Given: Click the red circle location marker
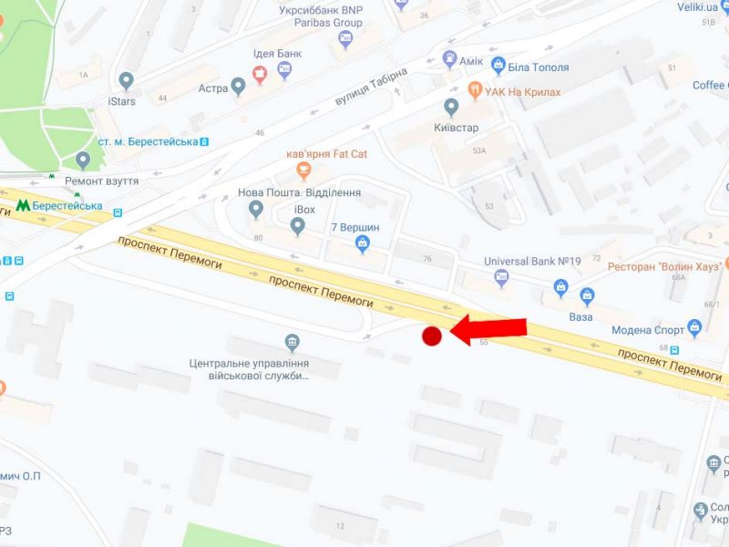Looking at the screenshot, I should coord(432,336).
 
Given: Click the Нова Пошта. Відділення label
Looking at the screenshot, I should coord(299,193).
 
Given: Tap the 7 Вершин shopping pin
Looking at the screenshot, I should coord(363,243).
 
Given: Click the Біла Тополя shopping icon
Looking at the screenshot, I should coord(498,65).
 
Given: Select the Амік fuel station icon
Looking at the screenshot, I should coord(449,59).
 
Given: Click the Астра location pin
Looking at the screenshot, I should coord(239,88).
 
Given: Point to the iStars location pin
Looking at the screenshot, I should coord(126,82).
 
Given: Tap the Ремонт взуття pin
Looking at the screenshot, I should coord(84,161).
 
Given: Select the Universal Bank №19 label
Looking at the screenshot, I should coord(532,261).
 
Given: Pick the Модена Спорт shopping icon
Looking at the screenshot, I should coord(695,326).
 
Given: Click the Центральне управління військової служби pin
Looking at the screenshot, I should coord(293,344).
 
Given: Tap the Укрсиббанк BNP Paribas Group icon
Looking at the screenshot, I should coord(344,38).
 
